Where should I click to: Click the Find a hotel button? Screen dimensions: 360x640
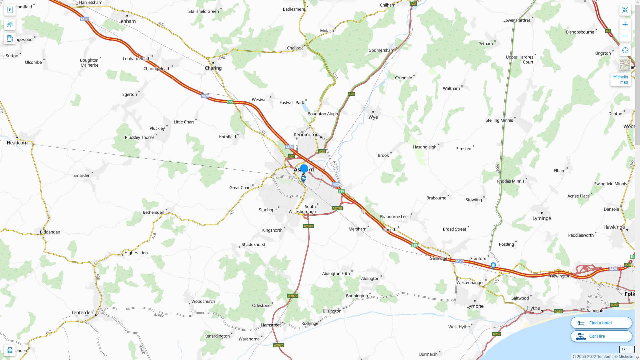(601, 323)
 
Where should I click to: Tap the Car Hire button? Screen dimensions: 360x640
(601, 336)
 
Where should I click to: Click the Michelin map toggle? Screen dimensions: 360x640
(620, 79)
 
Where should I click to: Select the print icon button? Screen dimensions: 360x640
(10, 350)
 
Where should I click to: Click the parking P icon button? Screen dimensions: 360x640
(10, 10)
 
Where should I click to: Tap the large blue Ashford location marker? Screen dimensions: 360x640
(304, 168)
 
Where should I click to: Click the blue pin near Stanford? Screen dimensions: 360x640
(493, 265)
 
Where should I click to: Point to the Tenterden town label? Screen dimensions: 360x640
(82, 312)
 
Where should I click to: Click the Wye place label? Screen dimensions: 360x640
(373, 117)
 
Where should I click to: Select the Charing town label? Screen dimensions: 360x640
(213, 68)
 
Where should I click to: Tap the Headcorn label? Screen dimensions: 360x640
(17, 143)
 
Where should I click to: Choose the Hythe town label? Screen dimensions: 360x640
(533, 308)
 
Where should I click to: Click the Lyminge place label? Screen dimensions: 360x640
(542, 218)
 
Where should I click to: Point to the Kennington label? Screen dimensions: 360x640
(306, 134)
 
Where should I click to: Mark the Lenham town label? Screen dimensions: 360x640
(127, 21)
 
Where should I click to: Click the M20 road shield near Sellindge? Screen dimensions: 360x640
(460, 261)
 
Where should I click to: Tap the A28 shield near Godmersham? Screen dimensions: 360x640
(351, 94)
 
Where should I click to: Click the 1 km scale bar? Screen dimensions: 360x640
(627, 350)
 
